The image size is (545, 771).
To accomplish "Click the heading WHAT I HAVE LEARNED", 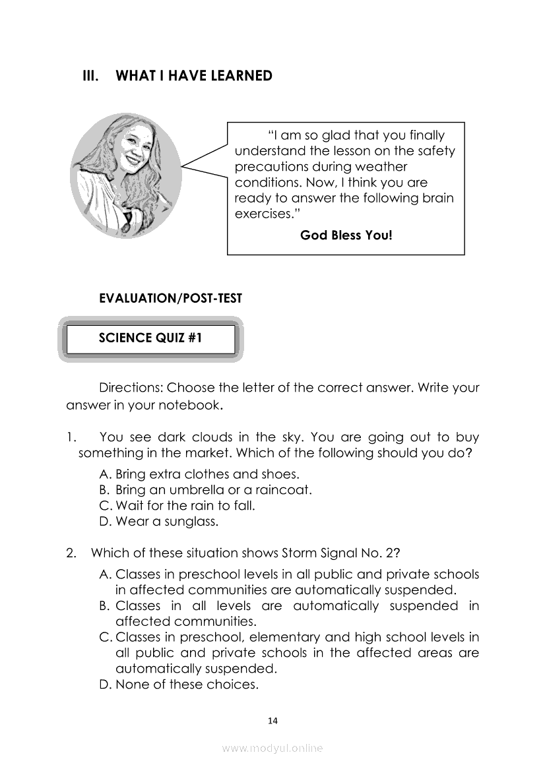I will click(193, 76).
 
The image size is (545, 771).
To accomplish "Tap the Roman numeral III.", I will click(90, 76).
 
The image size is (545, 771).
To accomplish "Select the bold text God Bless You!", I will click(346, 235).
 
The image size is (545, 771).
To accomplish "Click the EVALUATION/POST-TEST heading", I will click(170, 299).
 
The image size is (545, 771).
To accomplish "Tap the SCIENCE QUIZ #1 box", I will click(150, 339).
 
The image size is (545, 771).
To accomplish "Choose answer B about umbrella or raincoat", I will click(205, 490).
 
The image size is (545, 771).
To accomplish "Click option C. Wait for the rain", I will click(168, 506).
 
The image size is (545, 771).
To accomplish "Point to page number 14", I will click(273, 721).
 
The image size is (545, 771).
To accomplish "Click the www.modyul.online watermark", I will click(272, 749).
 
